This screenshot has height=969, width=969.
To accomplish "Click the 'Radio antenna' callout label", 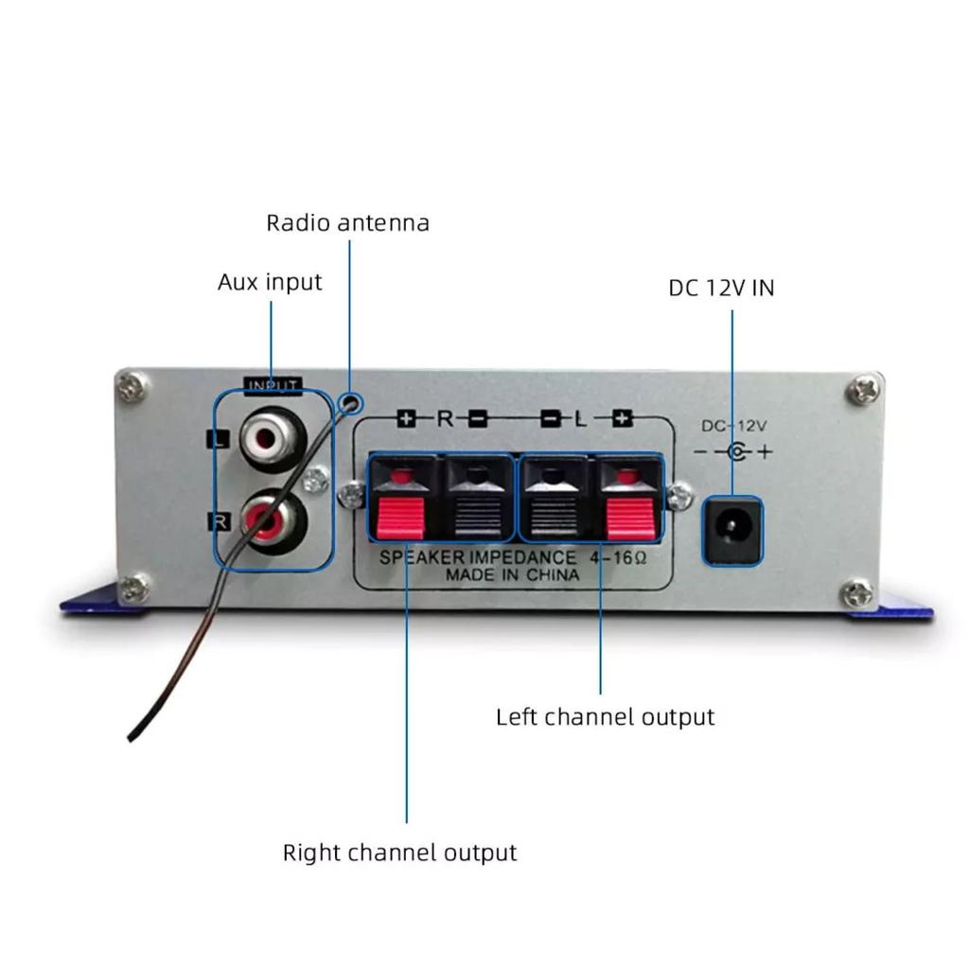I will point(347,223).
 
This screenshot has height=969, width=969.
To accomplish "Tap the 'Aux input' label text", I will point(270,282).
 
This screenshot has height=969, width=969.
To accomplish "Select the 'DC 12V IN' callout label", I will point(721,288).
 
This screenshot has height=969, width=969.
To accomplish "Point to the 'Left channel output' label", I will point(605,716).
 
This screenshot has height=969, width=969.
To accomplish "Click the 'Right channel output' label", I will point(399,853).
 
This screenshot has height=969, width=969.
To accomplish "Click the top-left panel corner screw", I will point(132,385).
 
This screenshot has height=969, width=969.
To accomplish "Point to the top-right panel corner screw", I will point(862,389).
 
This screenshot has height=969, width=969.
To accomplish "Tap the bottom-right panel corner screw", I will point(857,594).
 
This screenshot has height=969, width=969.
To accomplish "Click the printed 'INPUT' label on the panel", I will point(273,385).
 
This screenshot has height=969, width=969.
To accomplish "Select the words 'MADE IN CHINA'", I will point(513,574).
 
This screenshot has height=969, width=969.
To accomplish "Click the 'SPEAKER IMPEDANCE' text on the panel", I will point(477,557).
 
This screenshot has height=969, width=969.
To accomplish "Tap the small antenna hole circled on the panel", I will point(352,401).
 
